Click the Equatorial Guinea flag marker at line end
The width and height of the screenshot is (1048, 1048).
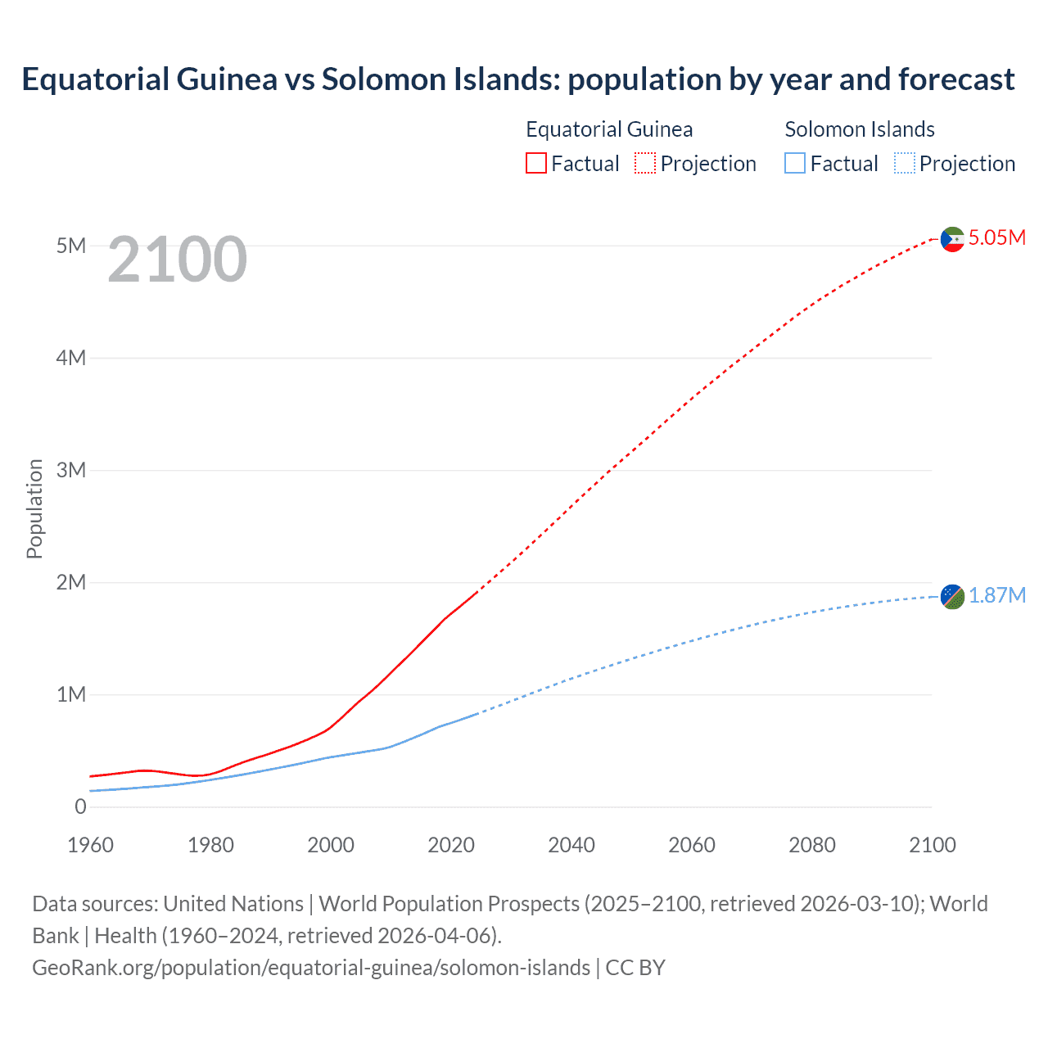tap(952, 239)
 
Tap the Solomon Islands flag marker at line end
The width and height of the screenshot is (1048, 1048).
tap(952, 597)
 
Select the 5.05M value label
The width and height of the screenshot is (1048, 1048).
tap(996, 237)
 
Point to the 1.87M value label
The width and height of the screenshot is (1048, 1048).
tap(996, 595)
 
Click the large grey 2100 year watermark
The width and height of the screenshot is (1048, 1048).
tap(177, 260)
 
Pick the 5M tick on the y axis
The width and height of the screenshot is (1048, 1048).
tap(71, 246)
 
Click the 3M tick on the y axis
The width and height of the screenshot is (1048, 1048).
tap(71, 470)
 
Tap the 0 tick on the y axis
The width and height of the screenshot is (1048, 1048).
tap(80, 806)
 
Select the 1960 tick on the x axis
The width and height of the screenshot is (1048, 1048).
tap(90, 845)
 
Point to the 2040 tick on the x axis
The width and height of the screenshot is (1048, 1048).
tap(571, 845)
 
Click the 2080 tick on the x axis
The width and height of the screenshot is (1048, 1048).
tap(812, 845)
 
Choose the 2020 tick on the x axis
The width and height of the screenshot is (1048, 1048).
tap(451, 845)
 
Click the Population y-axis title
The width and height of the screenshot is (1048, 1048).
tap(34, 508)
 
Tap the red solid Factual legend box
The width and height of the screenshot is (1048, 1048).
tap(536, 164)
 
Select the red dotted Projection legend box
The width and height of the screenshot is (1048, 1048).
tap(645, 164)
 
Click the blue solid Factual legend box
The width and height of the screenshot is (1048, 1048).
tap(795, 164)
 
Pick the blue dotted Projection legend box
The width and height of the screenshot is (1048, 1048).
tap(904, 164)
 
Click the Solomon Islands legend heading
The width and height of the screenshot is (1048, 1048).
tap(860, 129)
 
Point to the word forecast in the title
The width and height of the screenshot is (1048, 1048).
tap(956, 79)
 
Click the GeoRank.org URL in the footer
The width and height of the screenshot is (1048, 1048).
tap(311, 968)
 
